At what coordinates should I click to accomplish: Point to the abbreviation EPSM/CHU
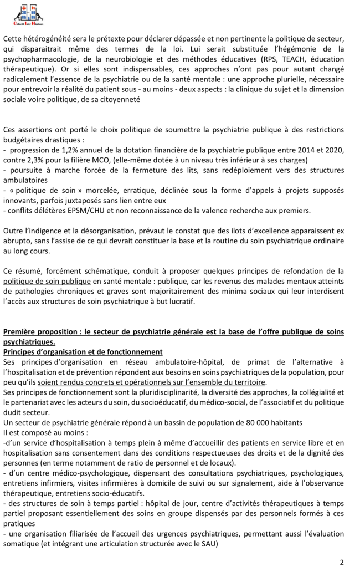pyautogui.click(x=75, y=210)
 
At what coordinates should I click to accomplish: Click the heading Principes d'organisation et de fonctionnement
pyautogui.click(x=83, y=352)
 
